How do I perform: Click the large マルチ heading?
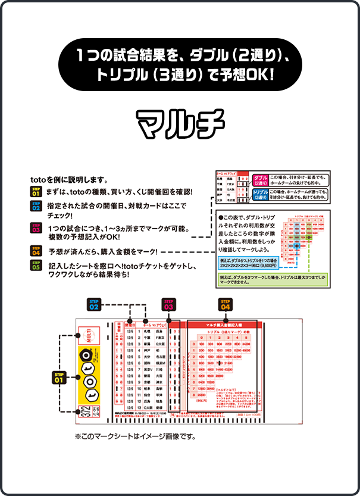click(x=180, y=123)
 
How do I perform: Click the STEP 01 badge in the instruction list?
click(x=36, y=192)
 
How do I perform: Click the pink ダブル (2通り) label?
click(x=260, y=179)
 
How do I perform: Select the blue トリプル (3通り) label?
click(x=260, y=195)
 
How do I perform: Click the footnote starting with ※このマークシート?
click(x=135, y=436)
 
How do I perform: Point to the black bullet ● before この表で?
click(x=220, y=219)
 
